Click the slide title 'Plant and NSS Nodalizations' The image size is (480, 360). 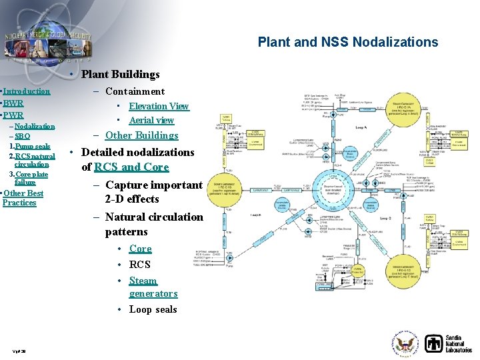(x=348, y=42)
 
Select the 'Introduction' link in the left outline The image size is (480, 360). (x=27, y=91)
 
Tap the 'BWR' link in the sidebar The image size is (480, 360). (x=13, y=103)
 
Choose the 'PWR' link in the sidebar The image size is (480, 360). (x=13, y=115)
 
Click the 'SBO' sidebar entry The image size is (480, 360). (x=22, y=136)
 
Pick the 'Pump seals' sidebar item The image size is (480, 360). (x=32, y=146)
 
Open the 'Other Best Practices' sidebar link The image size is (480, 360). (x=23, y=198)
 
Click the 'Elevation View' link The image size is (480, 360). (x=159, y=106)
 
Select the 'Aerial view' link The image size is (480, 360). (x=151, y=121)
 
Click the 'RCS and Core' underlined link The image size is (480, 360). (x=131, y=167)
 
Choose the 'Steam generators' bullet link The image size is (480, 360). (x=153, y=287)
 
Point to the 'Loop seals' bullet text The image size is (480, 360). (x=153, y=309)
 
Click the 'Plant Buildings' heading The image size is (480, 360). (x=120, y=74)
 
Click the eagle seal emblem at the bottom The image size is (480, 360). (x=405, y=344)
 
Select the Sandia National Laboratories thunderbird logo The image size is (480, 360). (x=434, y=344)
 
